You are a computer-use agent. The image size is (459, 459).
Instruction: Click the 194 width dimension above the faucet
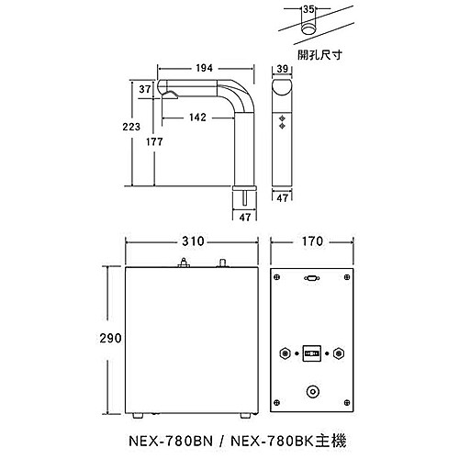point(204,69)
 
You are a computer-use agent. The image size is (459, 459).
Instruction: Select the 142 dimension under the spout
point(196,118)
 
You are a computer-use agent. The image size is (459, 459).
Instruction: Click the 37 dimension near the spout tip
point(145,90)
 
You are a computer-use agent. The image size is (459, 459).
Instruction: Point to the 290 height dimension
point(111,338)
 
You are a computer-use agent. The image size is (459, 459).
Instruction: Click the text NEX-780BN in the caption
point(182,441)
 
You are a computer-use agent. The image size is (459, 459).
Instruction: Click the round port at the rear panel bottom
point(312,391)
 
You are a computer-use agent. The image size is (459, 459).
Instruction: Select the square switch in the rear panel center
point(312,352)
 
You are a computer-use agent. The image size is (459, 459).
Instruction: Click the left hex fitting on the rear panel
point(285,352)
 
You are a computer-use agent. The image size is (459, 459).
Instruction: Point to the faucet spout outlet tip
point(166,93)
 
